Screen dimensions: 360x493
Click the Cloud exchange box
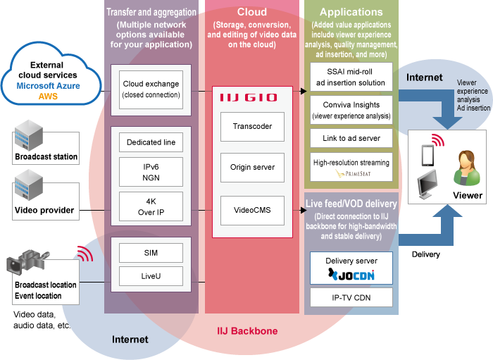click(151, 89)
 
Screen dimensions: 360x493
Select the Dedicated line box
click(151, 143)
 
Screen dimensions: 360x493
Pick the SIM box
click(151, 252)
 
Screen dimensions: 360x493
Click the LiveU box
click(151, 277)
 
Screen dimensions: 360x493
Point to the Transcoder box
click(252, 127)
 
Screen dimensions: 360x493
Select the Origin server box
click(252, 168)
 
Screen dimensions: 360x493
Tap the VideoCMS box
click(252, 209)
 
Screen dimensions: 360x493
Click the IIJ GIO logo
click(249, 98)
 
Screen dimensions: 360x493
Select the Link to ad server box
click(351, 138)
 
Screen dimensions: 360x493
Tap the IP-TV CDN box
click(351, 297)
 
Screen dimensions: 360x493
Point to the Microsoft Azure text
click(49, 85)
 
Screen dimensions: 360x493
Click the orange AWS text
click(49, 96)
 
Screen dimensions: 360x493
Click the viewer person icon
click(467, 168)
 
